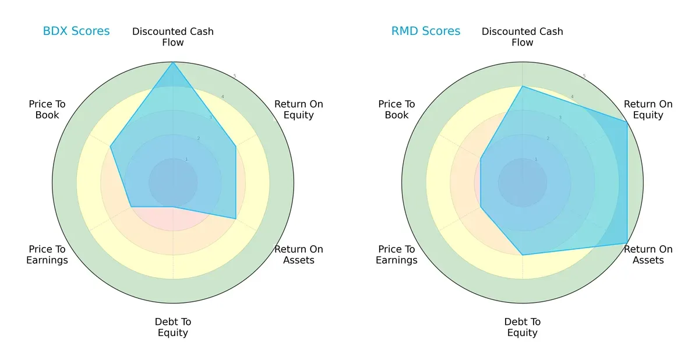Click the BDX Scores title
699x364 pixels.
(x=76, y=31)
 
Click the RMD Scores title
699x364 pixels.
(x=426, y=31)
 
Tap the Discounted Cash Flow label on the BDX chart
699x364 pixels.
(x=173, y=37)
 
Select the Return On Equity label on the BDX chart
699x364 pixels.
(x=299, y=109)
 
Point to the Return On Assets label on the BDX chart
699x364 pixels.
(x=299, y=255)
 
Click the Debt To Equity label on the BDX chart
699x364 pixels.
(x=173, y=327)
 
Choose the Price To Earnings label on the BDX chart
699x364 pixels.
(x=47, y=255)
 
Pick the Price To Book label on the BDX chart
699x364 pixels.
(x=47, y=109)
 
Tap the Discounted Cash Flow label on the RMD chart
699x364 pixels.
(x=523, y=37)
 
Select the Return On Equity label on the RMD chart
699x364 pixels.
(x=648, y=109)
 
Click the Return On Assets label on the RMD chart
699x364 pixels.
(x=648, y=255)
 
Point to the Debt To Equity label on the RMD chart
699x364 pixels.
(x=523, y=327)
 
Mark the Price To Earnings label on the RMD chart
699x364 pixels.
(x=397, y=255)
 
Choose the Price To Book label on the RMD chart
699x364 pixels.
(x=397, y=109)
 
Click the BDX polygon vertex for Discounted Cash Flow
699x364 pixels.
(x=173, y=62)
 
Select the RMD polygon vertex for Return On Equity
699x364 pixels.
(x=627, y=122)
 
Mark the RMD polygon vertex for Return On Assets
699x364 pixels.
(x=627, y=243)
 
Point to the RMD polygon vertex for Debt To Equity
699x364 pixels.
(x=523, y=255)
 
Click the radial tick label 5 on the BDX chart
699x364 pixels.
(x=235, y=76)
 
